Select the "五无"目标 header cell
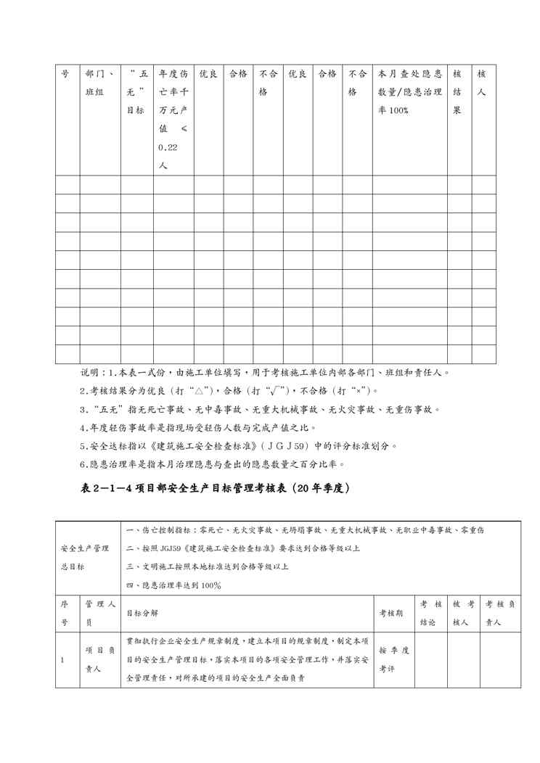[136, 93]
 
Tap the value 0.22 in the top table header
[167, 147]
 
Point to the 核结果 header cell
[457, 93]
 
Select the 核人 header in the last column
[482, 83]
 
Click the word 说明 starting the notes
[90, 373]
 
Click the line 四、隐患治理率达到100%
[173, 585]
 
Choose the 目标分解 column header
[141, 612]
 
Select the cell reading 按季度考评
[393, 660]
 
